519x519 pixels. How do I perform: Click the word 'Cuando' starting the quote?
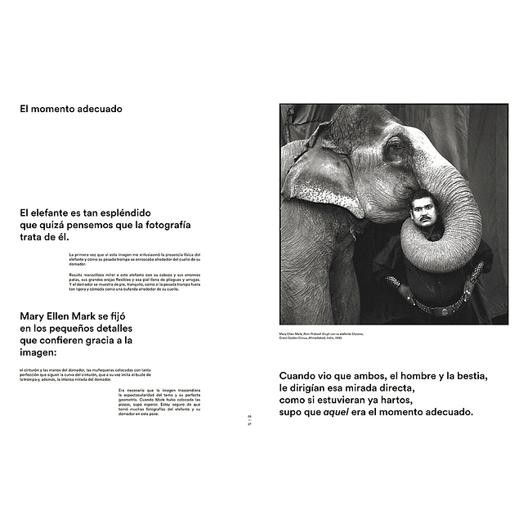pos(301,376)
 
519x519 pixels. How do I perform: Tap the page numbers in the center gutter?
pos(250,420)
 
